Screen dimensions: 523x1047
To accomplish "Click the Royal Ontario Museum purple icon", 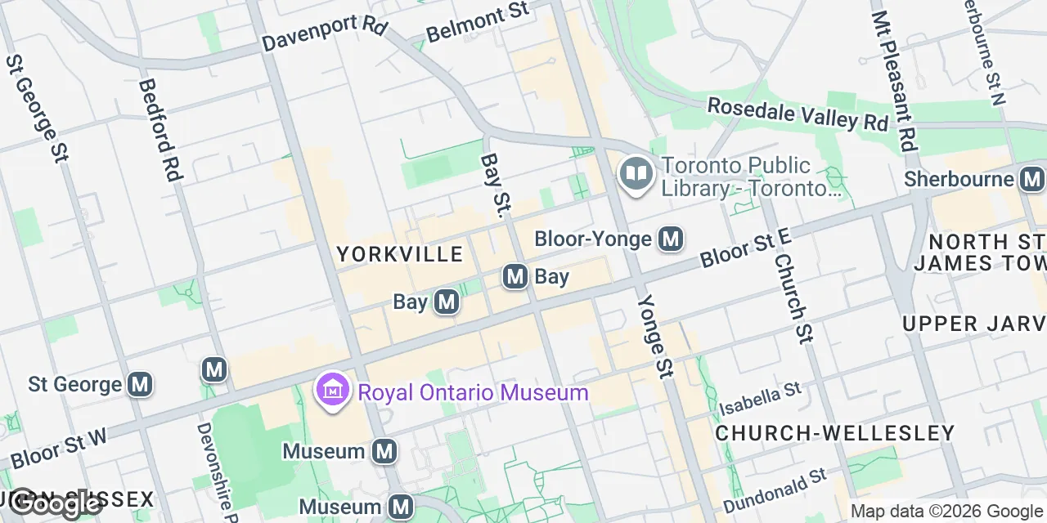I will [333, 392].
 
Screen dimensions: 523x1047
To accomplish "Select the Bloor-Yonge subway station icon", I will [671, 239].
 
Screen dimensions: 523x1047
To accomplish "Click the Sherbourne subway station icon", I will [1032, 179].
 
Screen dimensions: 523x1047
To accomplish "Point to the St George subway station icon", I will [141, 383].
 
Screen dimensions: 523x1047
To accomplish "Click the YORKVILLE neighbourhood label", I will [400, 254].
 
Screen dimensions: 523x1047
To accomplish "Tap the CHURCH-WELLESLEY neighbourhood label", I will [834, 432].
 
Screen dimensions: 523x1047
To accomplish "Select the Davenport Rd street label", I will [325, 34].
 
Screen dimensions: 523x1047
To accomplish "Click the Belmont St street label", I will [478, 22].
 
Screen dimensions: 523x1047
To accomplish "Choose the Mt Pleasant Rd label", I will [892, 82].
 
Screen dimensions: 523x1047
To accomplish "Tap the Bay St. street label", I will [492, 186].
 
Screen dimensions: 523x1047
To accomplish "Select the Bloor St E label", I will [746, 248].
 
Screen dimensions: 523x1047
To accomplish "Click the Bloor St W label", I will [59, 447].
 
